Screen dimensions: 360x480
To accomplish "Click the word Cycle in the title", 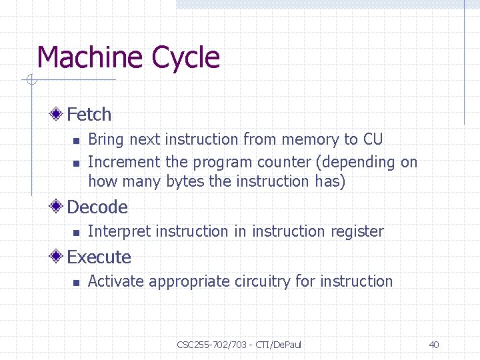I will click(x=185, y=59).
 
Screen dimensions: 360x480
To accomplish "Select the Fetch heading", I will click(x=89, y=115).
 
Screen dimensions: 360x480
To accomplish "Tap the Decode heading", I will click(x=97, y=207).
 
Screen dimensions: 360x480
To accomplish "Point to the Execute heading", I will click(x=99, y=257).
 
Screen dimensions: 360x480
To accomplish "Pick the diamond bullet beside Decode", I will click(x=60, y=207).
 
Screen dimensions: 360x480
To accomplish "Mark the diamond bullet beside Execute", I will click(x=60, y=257).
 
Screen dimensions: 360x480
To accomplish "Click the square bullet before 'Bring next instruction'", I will click(x=76, y=141).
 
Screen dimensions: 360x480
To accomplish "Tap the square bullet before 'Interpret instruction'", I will click(x=76, y=233).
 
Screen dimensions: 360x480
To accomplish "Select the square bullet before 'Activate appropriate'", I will click(x=76, y=283).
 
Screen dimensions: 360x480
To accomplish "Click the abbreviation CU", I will click(x=373, y=139).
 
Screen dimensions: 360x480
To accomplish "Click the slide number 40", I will click(x=434, y=345).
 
